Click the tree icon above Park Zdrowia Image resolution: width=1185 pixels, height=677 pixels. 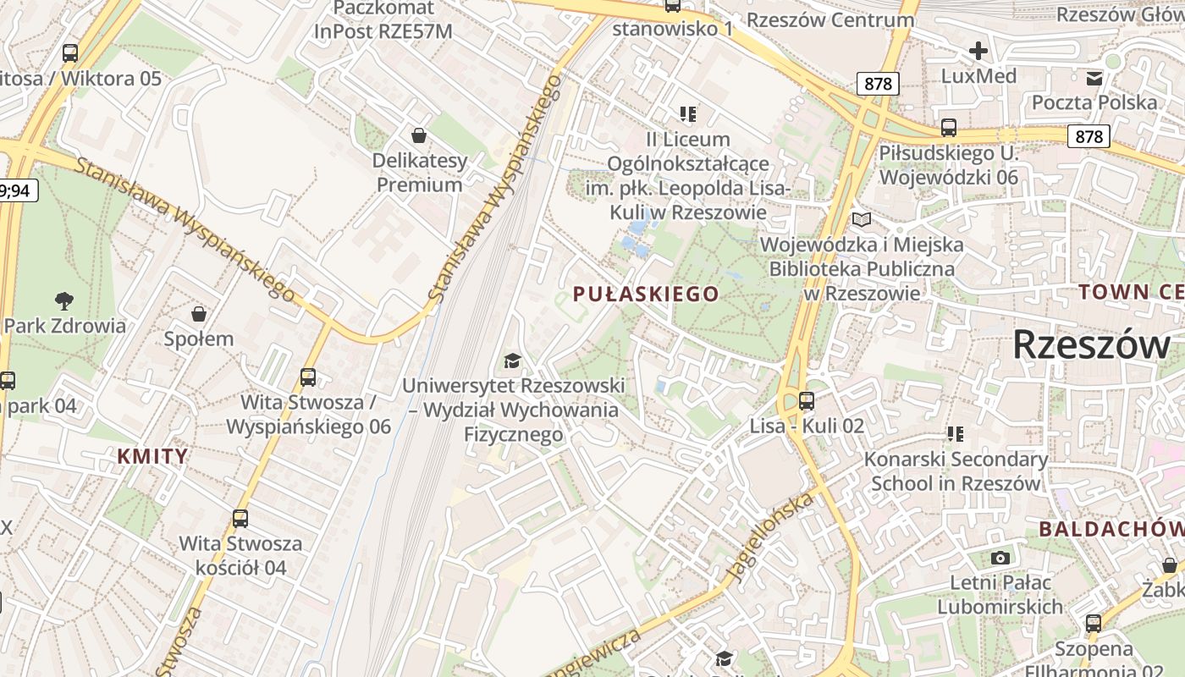[63, 300]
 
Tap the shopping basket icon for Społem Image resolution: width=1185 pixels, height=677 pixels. [199, 315]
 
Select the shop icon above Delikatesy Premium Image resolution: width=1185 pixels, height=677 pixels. [418, 135]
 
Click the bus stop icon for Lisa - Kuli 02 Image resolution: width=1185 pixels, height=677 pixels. [807, 400]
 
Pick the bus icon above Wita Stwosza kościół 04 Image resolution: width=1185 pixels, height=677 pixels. [240, 518]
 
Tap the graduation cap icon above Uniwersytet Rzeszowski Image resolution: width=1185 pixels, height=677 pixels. [512, 361]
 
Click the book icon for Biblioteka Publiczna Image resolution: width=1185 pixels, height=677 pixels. [862, 220]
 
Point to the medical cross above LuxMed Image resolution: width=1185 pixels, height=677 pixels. [978, 51]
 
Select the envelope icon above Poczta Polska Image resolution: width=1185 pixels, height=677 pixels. [1094, 79]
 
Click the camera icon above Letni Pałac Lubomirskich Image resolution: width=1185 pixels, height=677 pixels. [1000, 558]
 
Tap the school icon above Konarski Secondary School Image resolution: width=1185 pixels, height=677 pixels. [956, 434]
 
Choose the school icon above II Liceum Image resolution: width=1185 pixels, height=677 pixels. [687, 113]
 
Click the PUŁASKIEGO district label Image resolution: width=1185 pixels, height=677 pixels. [646, 294]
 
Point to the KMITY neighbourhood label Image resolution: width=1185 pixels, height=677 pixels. [152, 457]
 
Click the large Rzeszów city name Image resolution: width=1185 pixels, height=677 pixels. [1092, 344]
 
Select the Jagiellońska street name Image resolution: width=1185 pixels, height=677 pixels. [770, 537]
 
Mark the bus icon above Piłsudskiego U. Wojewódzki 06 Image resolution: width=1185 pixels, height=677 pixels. [949, 128]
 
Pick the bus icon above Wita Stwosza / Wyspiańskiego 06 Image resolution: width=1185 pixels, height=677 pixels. [308, 377]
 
